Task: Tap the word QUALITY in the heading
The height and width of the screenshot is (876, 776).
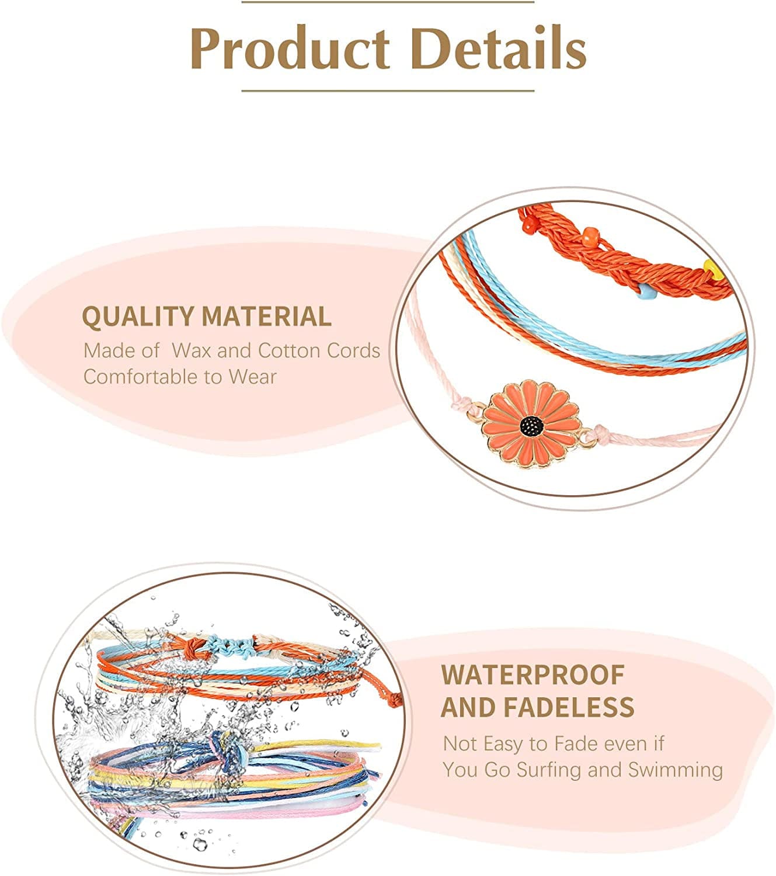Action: click(138, 317)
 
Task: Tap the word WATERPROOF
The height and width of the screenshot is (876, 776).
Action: click(533, 675)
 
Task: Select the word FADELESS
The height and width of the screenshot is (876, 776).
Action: click(569, 707)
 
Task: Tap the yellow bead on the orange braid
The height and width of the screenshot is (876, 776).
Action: click(711, 267)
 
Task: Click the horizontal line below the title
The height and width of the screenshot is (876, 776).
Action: click(388, 91)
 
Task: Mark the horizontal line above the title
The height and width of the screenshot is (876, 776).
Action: click(388, 2)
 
